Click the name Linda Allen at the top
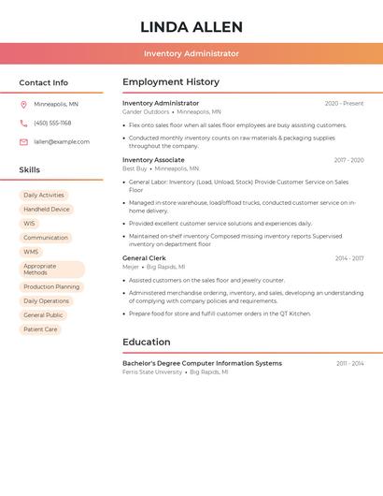click(191, 27)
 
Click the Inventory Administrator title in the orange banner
click(191, 54)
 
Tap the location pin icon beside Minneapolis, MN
click(23, 104)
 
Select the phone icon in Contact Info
click(23, 123)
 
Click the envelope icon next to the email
click(23, 142)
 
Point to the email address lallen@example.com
click(62, 142)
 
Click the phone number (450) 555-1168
click(52, 123)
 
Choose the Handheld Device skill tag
click(47, 210)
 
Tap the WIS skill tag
click(30, 224)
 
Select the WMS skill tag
click(31, 252)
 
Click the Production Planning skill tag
click(51, 287)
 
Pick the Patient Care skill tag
click(40, 329)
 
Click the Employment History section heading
click(171, 82)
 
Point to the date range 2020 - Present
click(344, 103)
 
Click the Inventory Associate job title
click(153, 160)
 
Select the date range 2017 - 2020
click(348, 160)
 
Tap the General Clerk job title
click(144, 258)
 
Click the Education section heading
click(146, 343)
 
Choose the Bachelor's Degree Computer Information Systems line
click(202, 363)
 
